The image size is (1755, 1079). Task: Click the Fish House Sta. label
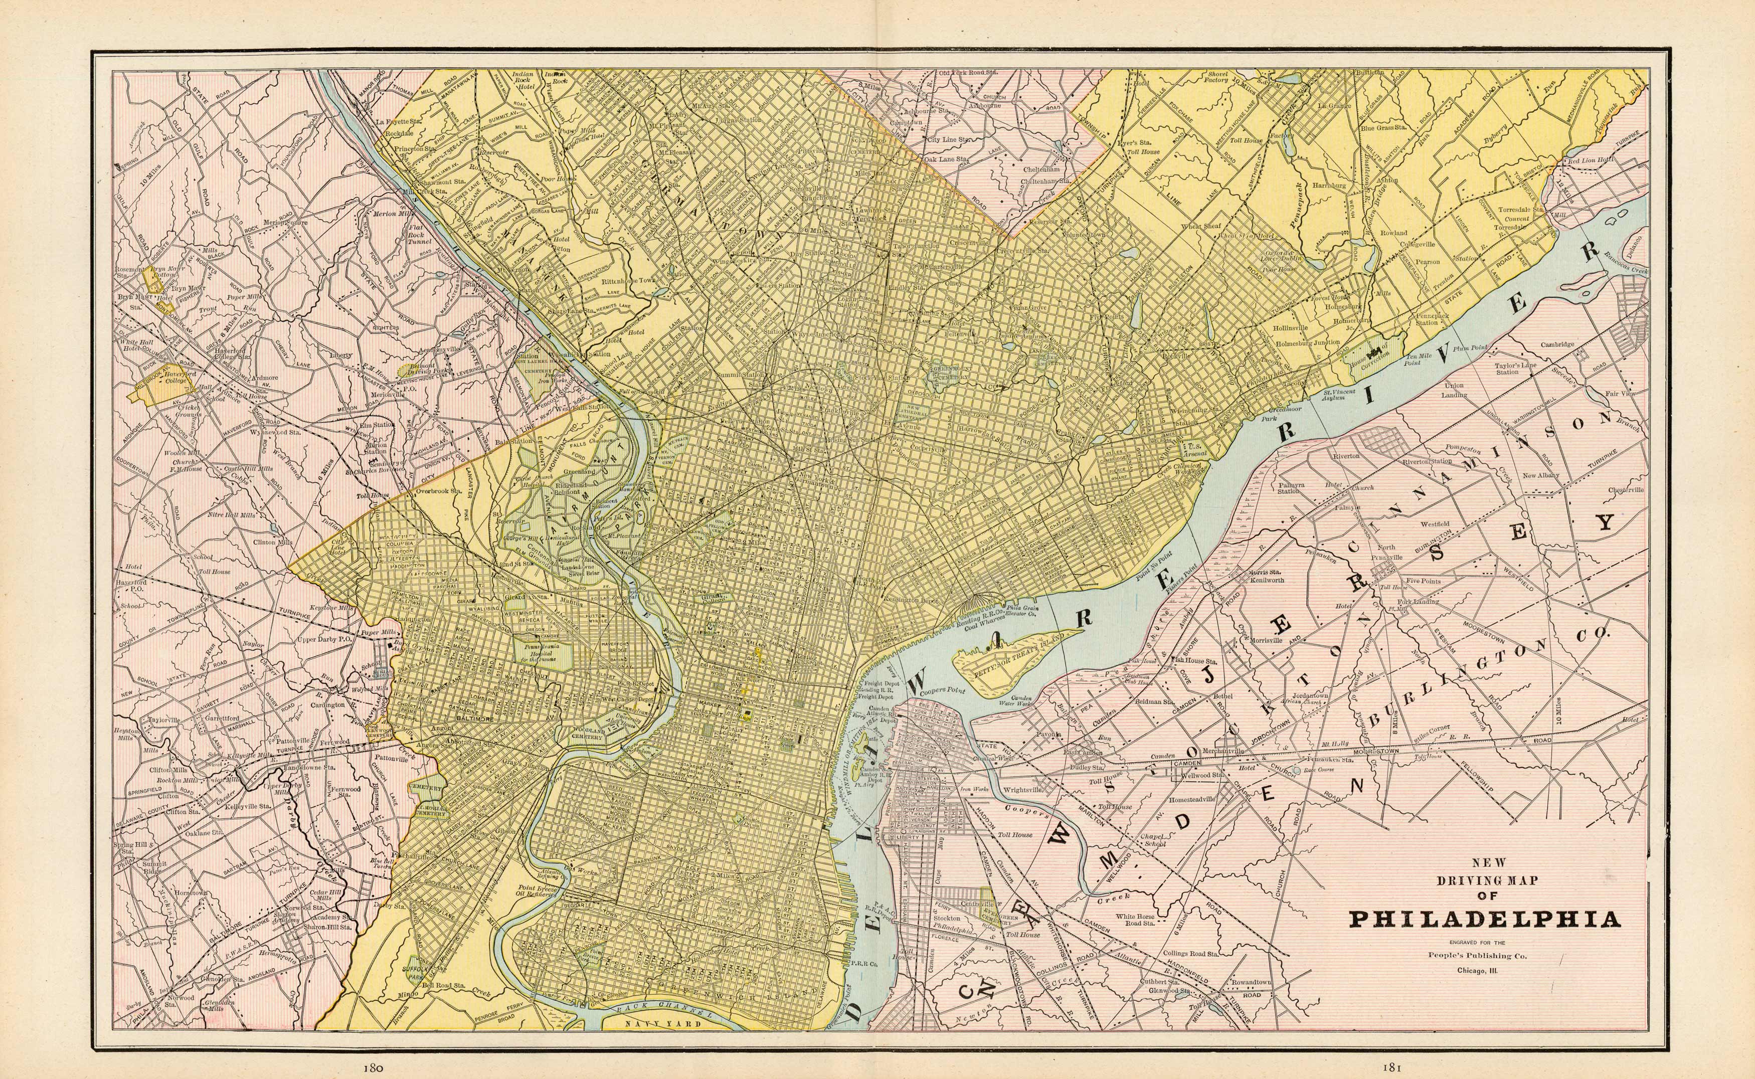pyautogui.click(x=1195, y=661)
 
